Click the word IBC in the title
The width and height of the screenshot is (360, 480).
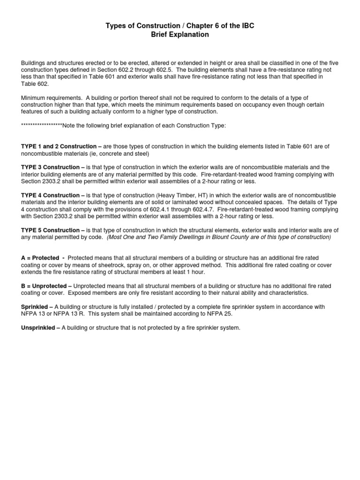[x=247, y=26]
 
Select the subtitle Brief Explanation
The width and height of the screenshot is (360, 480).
[x=180, y=35]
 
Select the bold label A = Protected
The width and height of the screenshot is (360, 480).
[x=40, y=258]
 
